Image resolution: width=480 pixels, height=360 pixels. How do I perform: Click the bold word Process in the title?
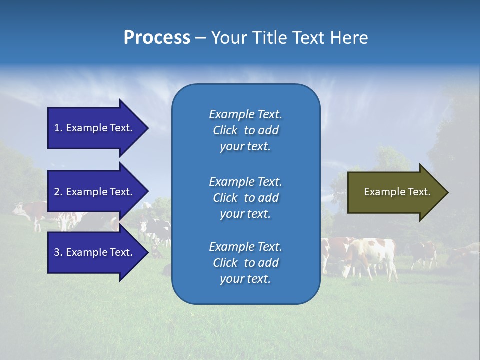tap(157, 38)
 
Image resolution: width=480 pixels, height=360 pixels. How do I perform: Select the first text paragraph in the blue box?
tap(245, 130)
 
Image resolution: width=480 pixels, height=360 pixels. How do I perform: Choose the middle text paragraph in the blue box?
tap(245, 198)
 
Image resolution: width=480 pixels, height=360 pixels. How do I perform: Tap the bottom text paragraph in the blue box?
tap(245, 263)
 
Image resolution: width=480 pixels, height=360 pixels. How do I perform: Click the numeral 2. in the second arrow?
tap(58, 192)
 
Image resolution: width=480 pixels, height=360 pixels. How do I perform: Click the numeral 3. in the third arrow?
tap(58, 252)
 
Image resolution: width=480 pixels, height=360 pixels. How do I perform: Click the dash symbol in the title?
tap(200, 38)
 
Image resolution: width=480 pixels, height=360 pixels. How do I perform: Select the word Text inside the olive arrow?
tap(419, 192)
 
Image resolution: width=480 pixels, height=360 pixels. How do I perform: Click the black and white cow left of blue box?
tap(156, 230)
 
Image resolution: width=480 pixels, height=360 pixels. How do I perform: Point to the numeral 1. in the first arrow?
tap(58, 128)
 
